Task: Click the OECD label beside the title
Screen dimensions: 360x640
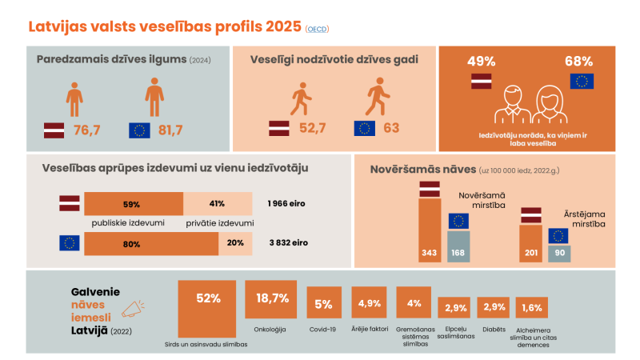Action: tap(317, 30)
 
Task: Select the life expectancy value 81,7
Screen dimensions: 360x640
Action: tap(171, 130)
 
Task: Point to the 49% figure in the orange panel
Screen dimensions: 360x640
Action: tap(481, 61)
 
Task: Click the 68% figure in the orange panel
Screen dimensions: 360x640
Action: tap(578, 61)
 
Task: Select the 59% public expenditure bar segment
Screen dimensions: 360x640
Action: tap(133, 203)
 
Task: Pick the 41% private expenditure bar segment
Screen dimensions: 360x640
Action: tap(218, 203)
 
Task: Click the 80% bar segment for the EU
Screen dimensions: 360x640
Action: tap(150, 243)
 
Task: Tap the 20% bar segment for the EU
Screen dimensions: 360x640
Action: tap(236, 243)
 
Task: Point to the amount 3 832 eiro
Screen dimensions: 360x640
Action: tap(288, 243)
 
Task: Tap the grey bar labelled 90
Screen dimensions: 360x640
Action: tap(558, 252)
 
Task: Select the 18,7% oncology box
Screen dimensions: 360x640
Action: tap(272, 298)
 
